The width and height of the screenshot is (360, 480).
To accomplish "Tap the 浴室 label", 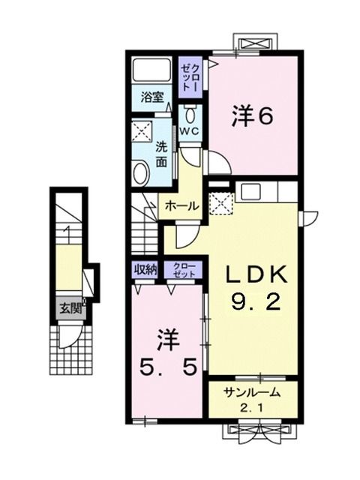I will pyautogui.click(x=152, y=96).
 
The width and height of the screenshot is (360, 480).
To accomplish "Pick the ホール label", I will pyautogui.click(x=181, y=205).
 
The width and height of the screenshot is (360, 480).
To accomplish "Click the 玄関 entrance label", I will pyautogui.click(x=72, y=307).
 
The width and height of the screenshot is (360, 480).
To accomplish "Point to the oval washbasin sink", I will pyautogui.click(x=141, y=173).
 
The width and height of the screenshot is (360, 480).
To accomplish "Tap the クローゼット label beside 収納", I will pyautogui.click(x=184, y=271).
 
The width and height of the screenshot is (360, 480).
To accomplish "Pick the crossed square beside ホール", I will pyautogui.click(x=220, y=202).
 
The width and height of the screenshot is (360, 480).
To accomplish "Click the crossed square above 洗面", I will pyautogui.click(x=141, y=132).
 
